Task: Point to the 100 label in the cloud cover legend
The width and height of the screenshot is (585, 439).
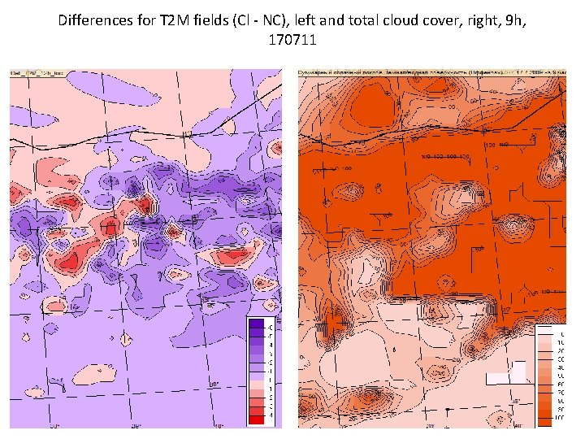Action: click(x=560, y=418)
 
